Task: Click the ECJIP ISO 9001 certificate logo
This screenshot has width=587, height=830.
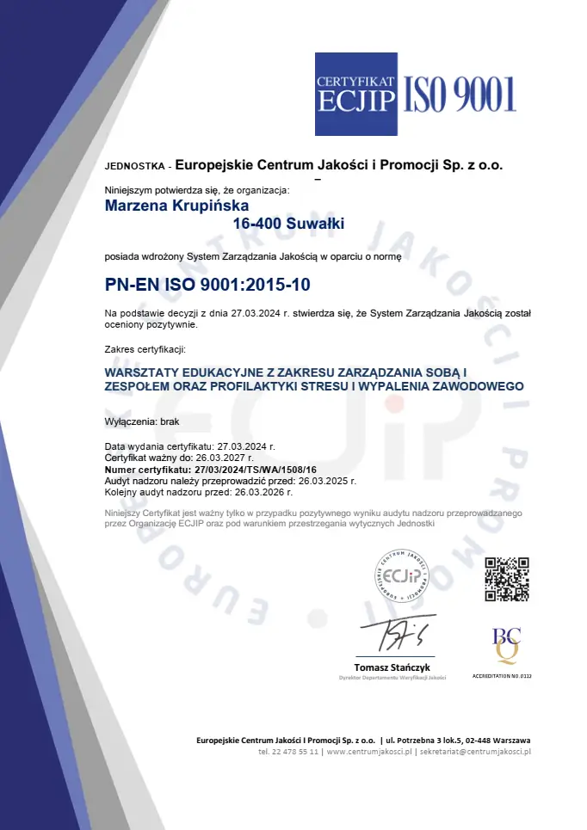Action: (x=415, y=94)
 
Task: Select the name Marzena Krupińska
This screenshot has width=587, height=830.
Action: (x=176, y=206)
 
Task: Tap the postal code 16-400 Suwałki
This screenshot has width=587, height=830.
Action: (x=288, y=224)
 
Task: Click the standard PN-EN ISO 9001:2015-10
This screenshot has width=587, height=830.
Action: (x=207, y=283)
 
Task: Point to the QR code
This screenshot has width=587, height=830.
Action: (x=506, y=579)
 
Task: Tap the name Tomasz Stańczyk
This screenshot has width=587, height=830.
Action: (x=392, y=667)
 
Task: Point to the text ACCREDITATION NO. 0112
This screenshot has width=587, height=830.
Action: (x=502, y=676)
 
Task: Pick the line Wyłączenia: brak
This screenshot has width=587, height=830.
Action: (x=142, y=422)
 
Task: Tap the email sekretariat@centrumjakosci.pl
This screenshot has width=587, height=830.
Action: (x=475, y=751)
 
